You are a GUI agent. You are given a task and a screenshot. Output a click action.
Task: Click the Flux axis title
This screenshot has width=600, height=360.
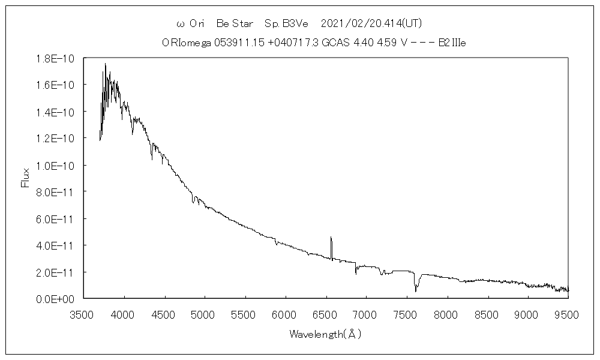click(x=25, y=178)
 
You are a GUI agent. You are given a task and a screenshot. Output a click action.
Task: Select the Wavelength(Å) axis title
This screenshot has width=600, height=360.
click(x=325, y=334)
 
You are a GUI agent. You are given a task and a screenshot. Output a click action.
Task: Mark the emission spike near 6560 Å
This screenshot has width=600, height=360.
click(x=331, y=238)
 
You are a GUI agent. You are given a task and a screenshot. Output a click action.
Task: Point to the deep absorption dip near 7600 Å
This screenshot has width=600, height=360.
click(x=416, y=290)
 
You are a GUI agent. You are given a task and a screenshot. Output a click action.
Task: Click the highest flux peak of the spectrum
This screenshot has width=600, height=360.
click(x=105, y=64)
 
